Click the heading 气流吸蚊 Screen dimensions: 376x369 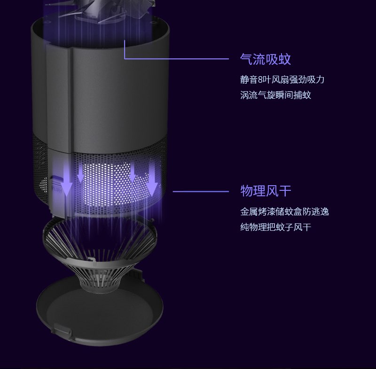266,59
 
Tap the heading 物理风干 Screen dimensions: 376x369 266,191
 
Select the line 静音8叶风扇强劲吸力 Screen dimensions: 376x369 282,79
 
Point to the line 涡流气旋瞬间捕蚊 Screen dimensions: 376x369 275,95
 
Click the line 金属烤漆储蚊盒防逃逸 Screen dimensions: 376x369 284,212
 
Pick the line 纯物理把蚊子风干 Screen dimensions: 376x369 275,228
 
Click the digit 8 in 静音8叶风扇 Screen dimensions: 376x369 260,79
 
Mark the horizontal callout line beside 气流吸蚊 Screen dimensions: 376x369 183,59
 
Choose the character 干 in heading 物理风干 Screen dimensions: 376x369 285,191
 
